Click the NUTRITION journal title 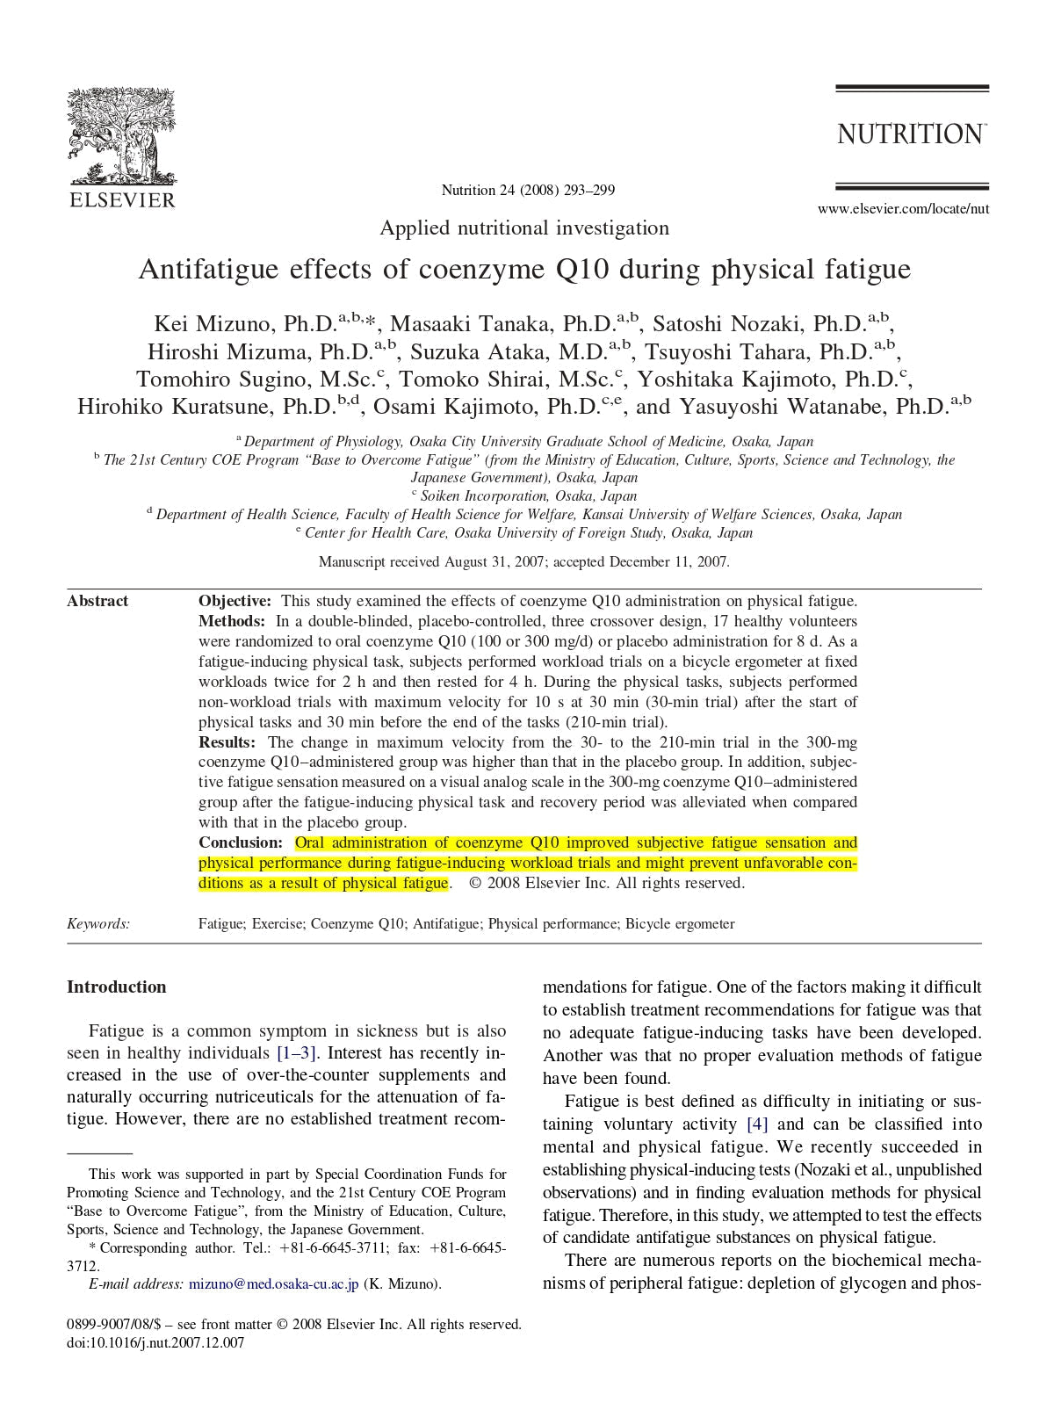click(x=911, y=134)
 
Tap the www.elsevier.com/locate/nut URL click(x=903, y=209)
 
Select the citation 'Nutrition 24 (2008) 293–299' click(x=527, y=190)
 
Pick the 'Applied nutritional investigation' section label click(x=524, y=228)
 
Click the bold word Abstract click(x=97, y=601)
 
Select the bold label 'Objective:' click(x=235, y=601)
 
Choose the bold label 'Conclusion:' click(x=240, y=843)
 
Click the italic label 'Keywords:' click(x=98, y=923)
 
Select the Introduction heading click(x=116, y=987)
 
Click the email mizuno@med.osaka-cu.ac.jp click(x=273, y=1283)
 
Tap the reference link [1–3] click(x=297, y=1052)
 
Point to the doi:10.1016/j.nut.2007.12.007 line click(x=155, y=1342)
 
